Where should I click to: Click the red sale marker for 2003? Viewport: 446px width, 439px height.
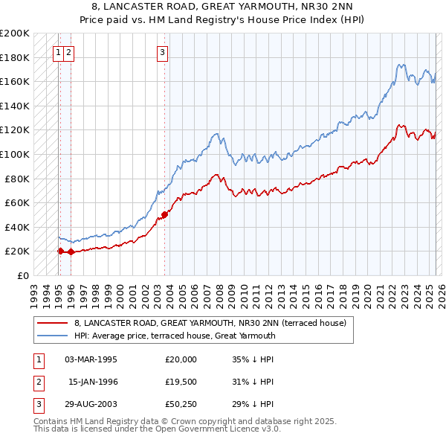pos(164,215)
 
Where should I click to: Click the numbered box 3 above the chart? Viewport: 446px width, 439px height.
pos(162,52)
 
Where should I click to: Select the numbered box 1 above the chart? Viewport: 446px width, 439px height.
pos(58,52)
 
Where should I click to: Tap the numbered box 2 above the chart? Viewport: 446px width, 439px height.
pos(68,52)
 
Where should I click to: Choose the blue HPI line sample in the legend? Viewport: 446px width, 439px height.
pos(54,336)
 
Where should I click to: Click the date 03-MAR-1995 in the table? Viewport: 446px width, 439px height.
pos(91,359)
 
